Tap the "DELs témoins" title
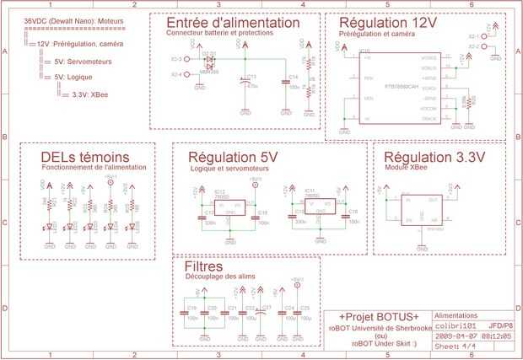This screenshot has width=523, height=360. (85, 158)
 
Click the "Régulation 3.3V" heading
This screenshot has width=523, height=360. (434, 158)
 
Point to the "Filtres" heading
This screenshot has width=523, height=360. (202, 266)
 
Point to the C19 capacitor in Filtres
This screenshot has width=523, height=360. (186, 314)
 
